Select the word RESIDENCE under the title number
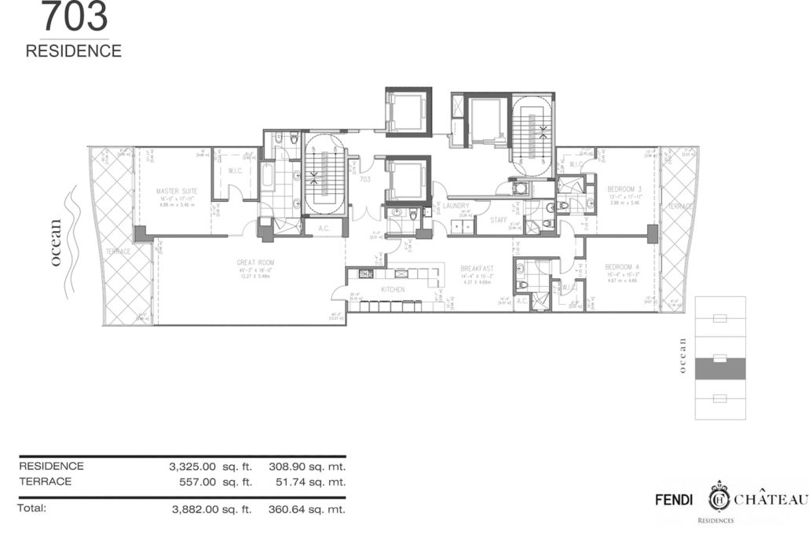(74, 51)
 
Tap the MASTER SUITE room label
(177, 191)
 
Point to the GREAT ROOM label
(255, 262)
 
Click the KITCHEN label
(393, 290)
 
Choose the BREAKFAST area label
(477, 269)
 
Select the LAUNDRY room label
(456, 206)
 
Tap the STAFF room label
(499, 222)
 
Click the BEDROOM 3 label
(624, 189)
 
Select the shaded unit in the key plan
(720, 367)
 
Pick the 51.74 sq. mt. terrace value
(307, 482)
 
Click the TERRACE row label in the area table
(46, 482)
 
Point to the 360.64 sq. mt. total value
(307, 509)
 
